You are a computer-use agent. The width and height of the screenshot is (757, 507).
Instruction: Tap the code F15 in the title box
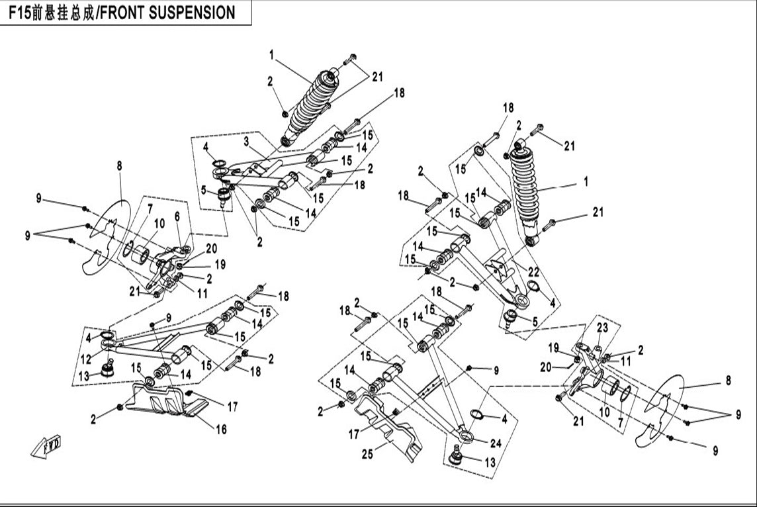(x=20, y=13)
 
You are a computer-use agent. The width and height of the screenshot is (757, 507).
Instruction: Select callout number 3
(x=245, y=141)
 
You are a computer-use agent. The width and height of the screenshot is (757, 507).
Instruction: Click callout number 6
(x=177, y=216)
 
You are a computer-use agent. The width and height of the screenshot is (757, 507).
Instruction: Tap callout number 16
(x=220, y=430)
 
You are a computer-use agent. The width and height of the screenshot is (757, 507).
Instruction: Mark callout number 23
(x=602, y=328)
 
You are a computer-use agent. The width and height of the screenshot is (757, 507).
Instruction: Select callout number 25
(x=368, y=454)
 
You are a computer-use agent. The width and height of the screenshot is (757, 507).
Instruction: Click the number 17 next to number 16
(x=232, y=407)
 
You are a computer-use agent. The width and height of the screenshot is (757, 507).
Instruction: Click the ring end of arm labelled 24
(x=467, y=436)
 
